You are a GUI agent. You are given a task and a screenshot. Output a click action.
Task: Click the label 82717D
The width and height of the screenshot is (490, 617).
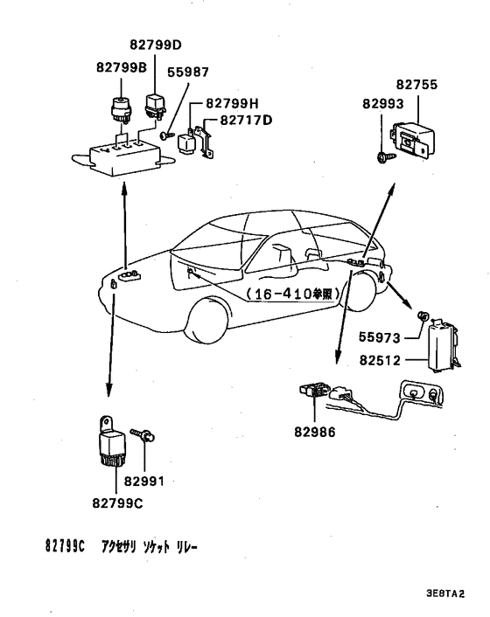click(247, 119)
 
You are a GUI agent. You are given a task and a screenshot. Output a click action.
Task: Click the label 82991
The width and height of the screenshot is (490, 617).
click(144, 481)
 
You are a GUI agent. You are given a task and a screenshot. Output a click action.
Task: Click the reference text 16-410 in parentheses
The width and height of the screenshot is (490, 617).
click(290, 295)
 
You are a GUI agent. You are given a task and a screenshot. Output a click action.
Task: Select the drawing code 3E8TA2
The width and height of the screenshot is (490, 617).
click(445, 593)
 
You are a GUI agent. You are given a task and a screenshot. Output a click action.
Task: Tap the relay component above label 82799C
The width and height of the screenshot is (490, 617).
click(110, 440)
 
